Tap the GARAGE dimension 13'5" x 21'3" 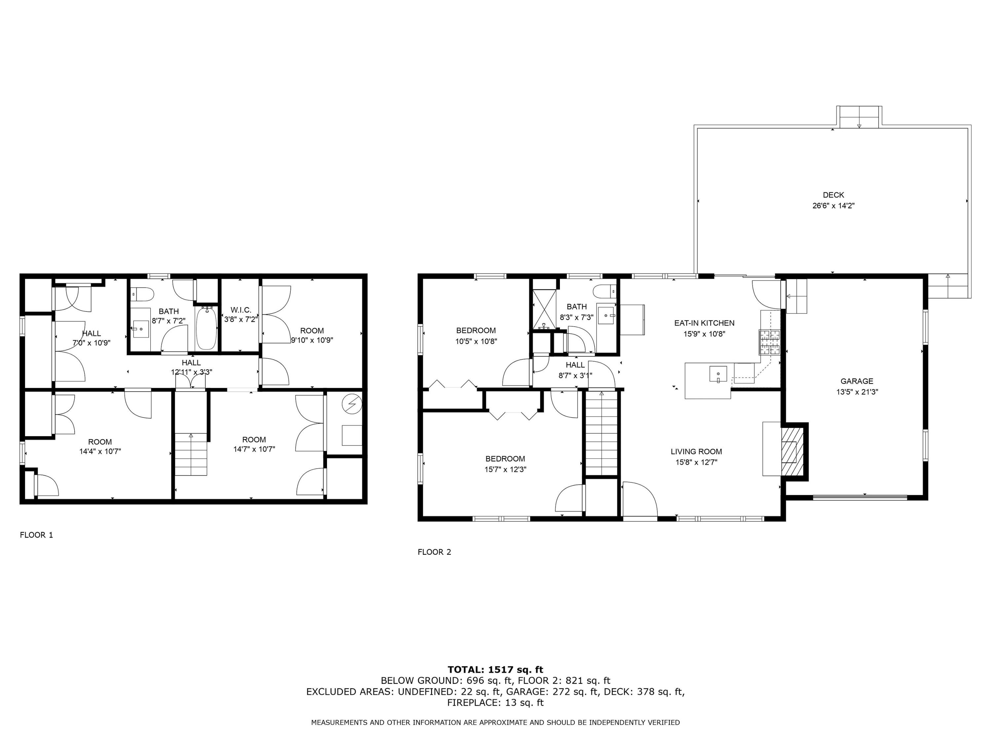pyautogui.click(x=857, y=392)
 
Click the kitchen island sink pyautogui.click(x=718, y=373)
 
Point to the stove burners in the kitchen pyautogui.click(x=769, y=342)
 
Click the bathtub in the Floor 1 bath pyautogui.click(x=206, y=328)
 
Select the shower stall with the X pyautogui.click(x=543, y=309)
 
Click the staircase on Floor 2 pyautogui.click(x=601, y=434)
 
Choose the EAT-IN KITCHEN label pyautogui.click(x=704, y=323)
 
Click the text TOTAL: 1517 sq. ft pyautogui.click(x=495, y=670)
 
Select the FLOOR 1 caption pyautogui.click(x=36, y=535)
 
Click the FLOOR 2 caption pyautogui.click(x=434, y=552)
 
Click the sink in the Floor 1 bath pyautogui.click(x=141, y=329)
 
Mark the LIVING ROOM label pyautogui.click(x=696, y=451)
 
